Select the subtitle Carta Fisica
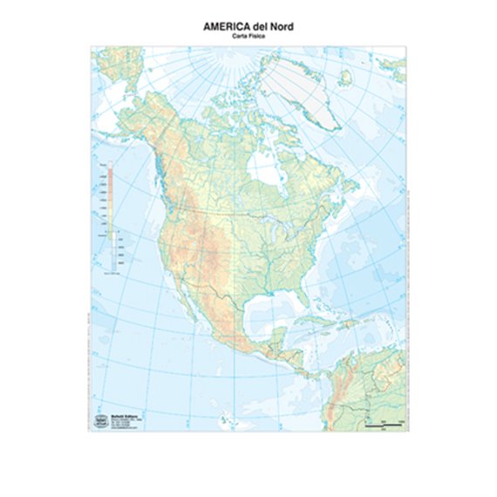pyautogui.click(x=248, y=37)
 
